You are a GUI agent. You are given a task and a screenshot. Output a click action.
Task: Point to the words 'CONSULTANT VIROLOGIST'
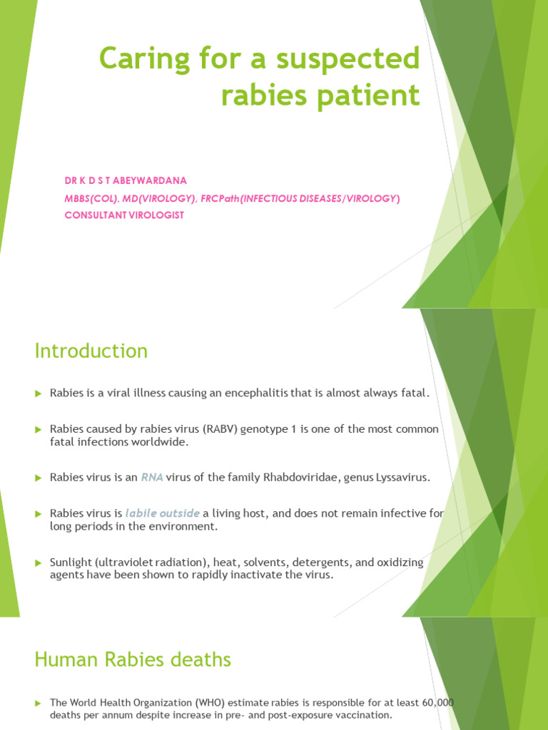tap(124, 215)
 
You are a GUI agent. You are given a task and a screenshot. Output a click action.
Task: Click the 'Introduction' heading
tap(91, 351)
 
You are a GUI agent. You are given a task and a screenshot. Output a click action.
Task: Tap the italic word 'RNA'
tap(152, 478)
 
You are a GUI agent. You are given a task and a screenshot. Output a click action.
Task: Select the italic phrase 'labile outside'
tap(162, 513)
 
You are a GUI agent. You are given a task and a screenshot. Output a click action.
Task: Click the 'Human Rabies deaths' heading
tap(133, 660)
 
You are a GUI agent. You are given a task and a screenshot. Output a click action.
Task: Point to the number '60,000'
tap(436, 703)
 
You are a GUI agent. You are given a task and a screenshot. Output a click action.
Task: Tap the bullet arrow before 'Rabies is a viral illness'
tap(39, 394)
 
